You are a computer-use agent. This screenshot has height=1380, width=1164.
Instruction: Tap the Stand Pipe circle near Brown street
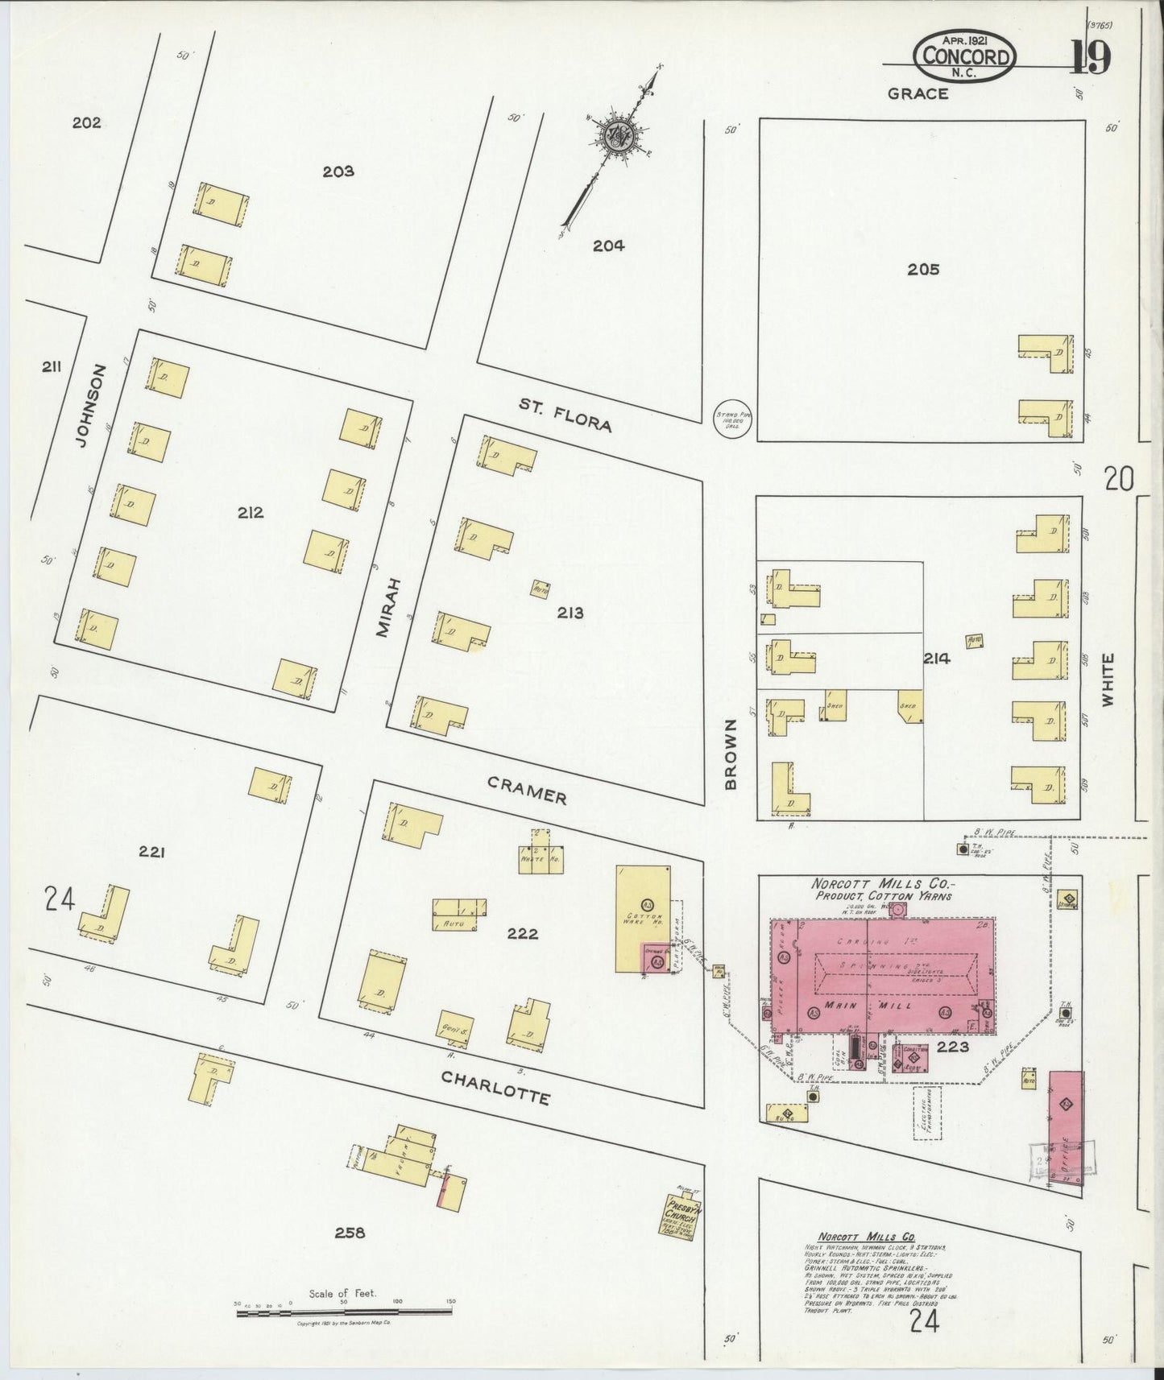coord(733,420)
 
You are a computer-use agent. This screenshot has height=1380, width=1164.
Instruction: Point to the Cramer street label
coord(527,790)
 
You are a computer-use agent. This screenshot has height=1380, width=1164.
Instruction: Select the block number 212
coord(250,513)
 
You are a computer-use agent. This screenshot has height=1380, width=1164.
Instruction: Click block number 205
coord(922,270)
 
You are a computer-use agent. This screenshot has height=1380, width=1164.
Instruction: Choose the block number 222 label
coord(522,934)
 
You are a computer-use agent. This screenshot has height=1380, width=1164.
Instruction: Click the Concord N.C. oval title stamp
coord(964,58)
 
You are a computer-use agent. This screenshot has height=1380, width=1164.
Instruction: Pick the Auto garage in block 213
coord(540,589)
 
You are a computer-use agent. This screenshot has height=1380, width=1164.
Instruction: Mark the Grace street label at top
coord(918,94)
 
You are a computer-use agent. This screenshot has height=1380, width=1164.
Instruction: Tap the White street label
coord(1108,680)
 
